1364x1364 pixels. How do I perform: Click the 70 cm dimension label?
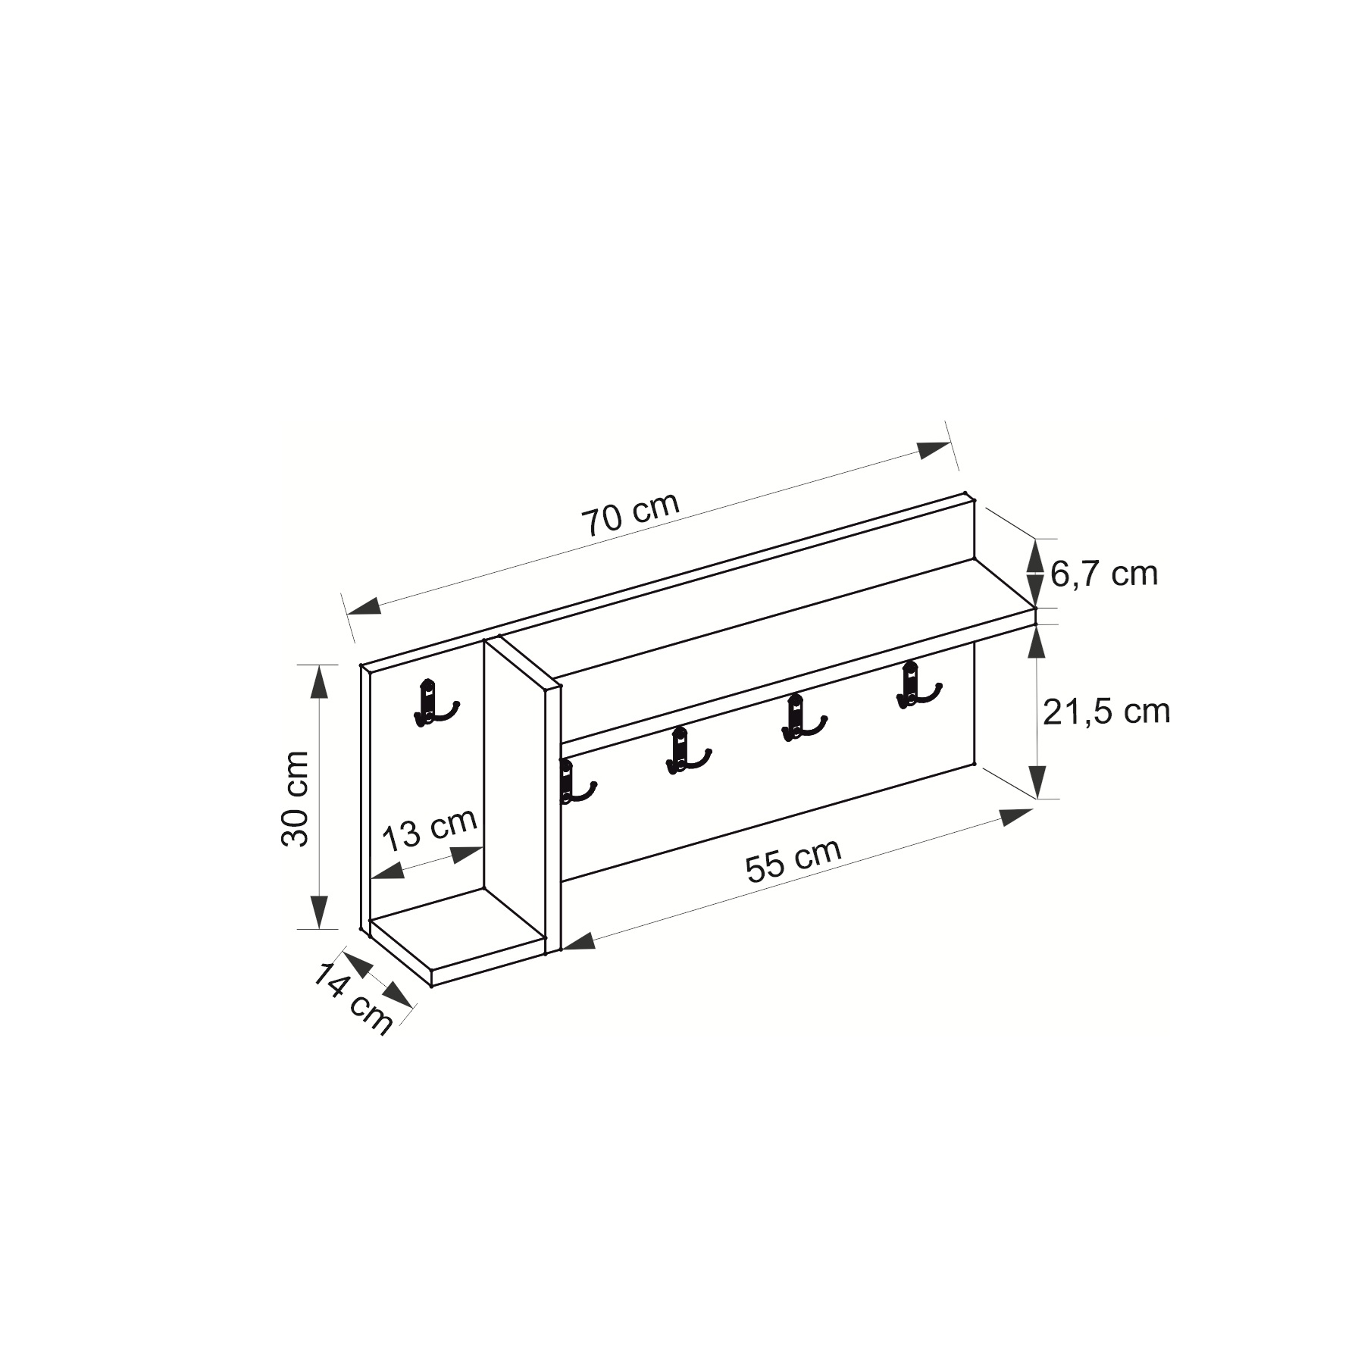point(630,515)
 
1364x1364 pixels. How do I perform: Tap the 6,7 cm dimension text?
point(1104,574)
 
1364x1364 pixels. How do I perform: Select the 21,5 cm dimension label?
point(1106,712)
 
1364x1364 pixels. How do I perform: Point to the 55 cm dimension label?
point(793,859)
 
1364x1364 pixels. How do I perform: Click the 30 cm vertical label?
point(295,798)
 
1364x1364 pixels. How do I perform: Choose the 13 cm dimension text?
point(429,830)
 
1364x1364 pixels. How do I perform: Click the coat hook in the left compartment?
point(433,702)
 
